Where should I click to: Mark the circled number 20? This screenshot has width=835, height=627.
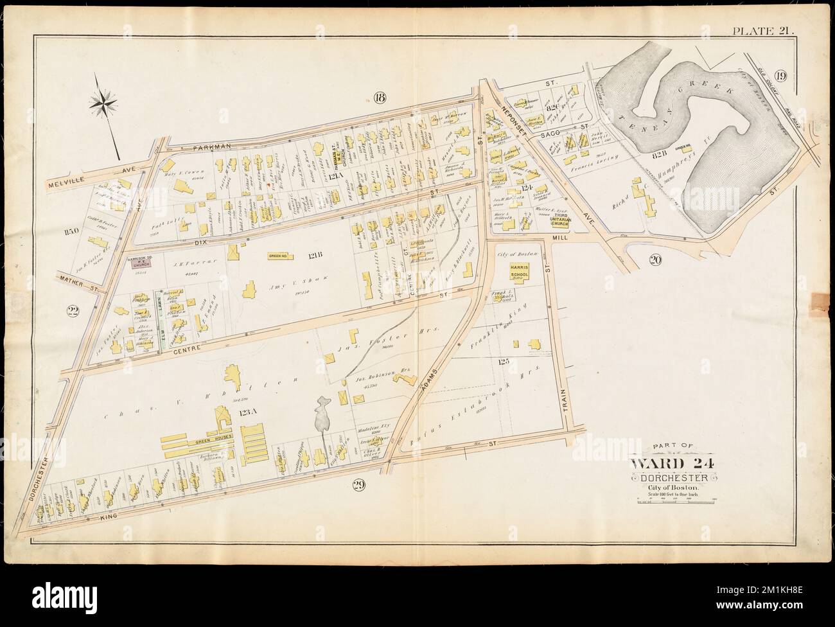coord(655,260)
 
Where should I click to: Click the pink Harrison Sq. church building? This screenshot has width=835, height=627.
coord(141,271)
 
